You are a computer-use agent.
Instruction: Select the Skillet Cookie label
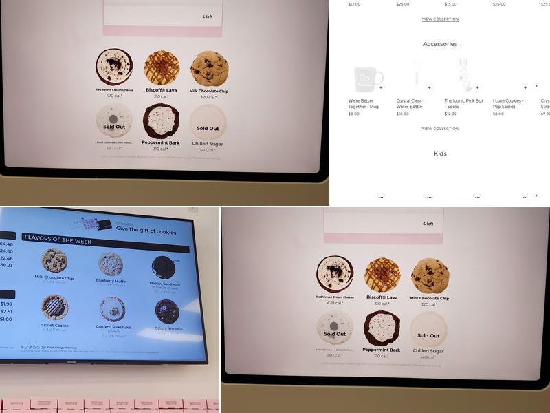coord(54,325)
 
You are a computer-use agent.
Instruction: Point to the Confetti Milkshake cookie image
coord(112,309)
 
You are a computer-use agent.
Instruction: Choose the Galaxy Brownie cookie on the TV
coord(166,311)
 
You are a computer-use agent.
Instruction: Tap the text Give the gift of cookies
coord(146,232)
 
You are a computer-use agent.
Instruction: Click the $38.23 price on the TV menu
coord(6,265)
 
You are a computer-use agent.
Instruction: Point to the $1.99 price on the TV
coord(6,304)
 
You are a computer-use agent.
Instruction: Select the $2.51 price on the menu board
coord(6,311)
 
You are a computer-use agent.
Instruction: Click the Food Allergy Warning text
coord(63,348)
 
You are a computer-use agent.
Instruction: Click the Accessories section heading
coord(440,44)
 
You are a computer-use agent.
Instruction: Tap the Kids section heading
coord(440,153)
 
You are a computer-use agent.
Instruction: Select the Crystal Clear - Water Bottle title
coord(410,103)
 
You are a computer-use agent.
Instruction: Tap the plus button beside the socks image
coord(477,87)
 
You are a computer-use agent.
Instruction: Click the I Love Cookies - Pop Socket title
coord(508,103)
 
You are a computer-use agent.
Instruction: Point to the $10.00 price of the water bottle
coord(402,114)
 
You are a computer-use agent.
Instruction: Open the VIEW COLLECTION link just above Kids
coord(440,129)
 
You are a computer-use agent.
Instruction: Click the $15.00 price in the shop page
coord(450,4)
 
